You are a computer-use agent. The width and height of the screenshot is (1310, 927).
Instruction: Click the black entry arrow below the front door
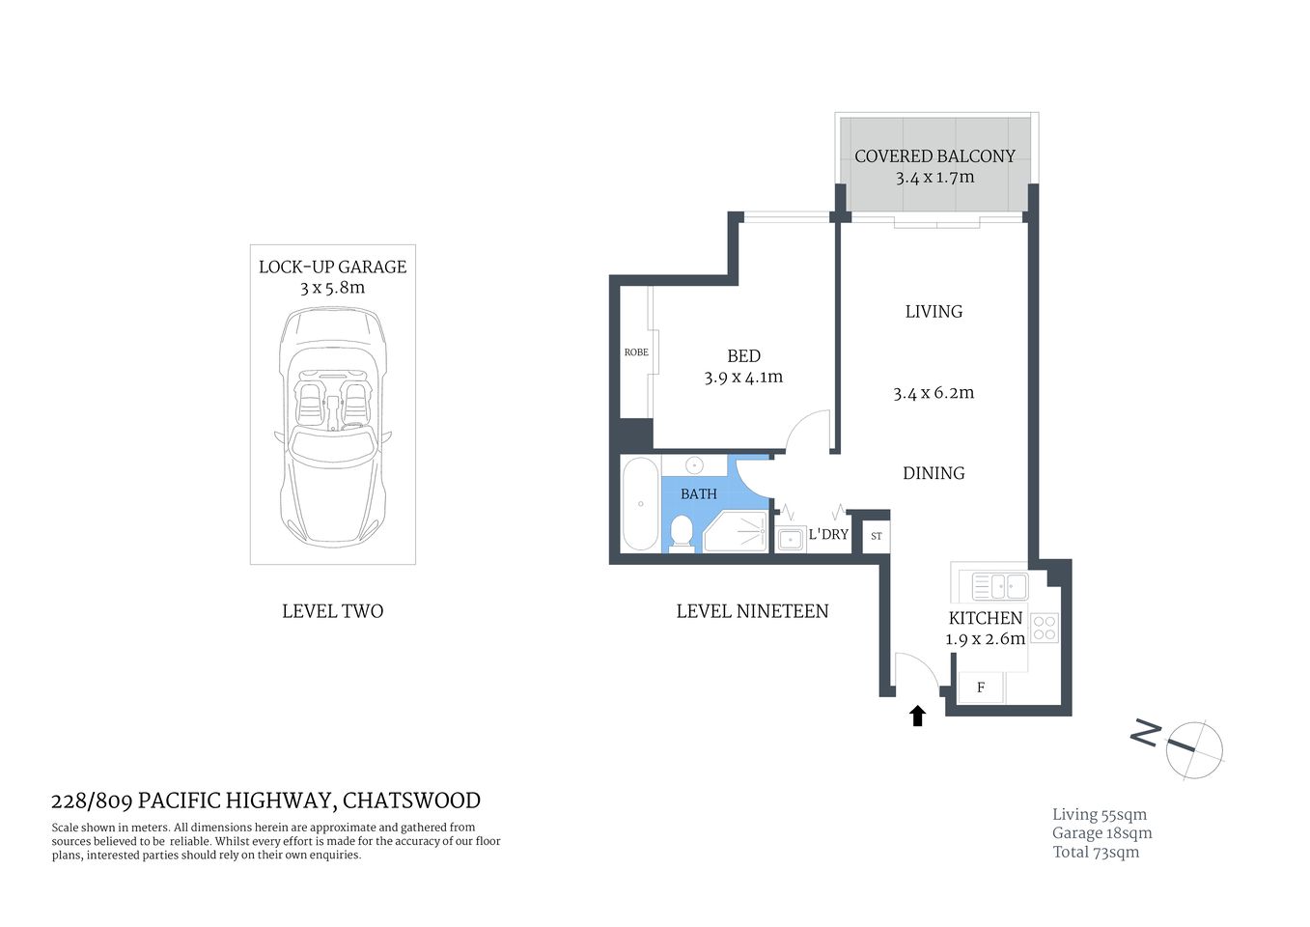(917, 716)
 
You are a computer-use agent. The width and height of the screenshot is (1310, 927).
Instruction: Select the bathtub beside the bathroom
(640, 504)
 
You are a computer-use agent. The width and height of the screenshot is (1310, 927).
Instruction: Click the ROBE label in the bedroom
(636, 352)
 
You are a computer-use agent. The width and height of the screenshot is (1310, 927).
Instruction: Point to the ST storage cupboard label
(876, 536)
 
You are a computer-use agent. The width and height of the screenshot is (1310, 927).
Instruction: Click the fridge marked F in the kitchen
(981, 688)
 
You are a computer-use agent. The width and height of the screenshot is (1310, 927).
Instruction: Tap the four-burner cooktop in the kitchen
(1045, 628)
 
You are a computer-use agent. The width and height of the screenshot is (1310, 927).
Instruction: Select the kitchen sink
(999, 586)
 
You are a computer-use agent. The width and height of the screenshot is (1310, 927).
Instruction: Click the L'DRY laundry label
(828, 534)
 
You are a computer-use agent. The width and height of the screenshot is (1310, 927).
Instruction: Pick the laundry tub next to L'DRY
(791, 539)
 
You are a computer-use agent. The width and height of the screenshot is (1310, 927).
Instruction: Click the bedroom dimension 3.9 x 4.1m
(743, 378)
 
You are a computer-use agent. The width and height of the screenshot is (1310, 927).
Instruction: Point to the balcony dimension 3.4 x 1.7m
(934, 178)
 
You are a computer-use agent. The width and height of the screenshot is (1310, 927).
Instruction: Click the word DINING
(934, 473)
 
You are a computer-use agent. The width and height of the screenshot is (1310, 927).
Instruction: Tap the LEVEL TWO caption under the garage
(332, 611)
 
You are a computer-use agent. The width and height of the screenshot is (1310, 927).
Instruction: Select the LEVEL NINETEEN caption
(752, 611)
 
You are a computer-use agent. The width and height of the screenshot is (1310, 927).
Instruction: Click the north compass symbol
(1193, 748)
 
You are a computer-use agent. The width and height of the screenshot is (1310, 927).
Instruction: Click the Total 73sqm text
(1096, 852)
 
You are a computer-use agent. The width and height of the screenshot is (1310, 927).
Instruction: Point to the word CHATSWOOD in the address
(411, 801)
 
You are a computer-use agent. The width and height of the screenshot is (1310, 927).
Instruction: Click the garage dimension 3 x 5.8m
(332, 288)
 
